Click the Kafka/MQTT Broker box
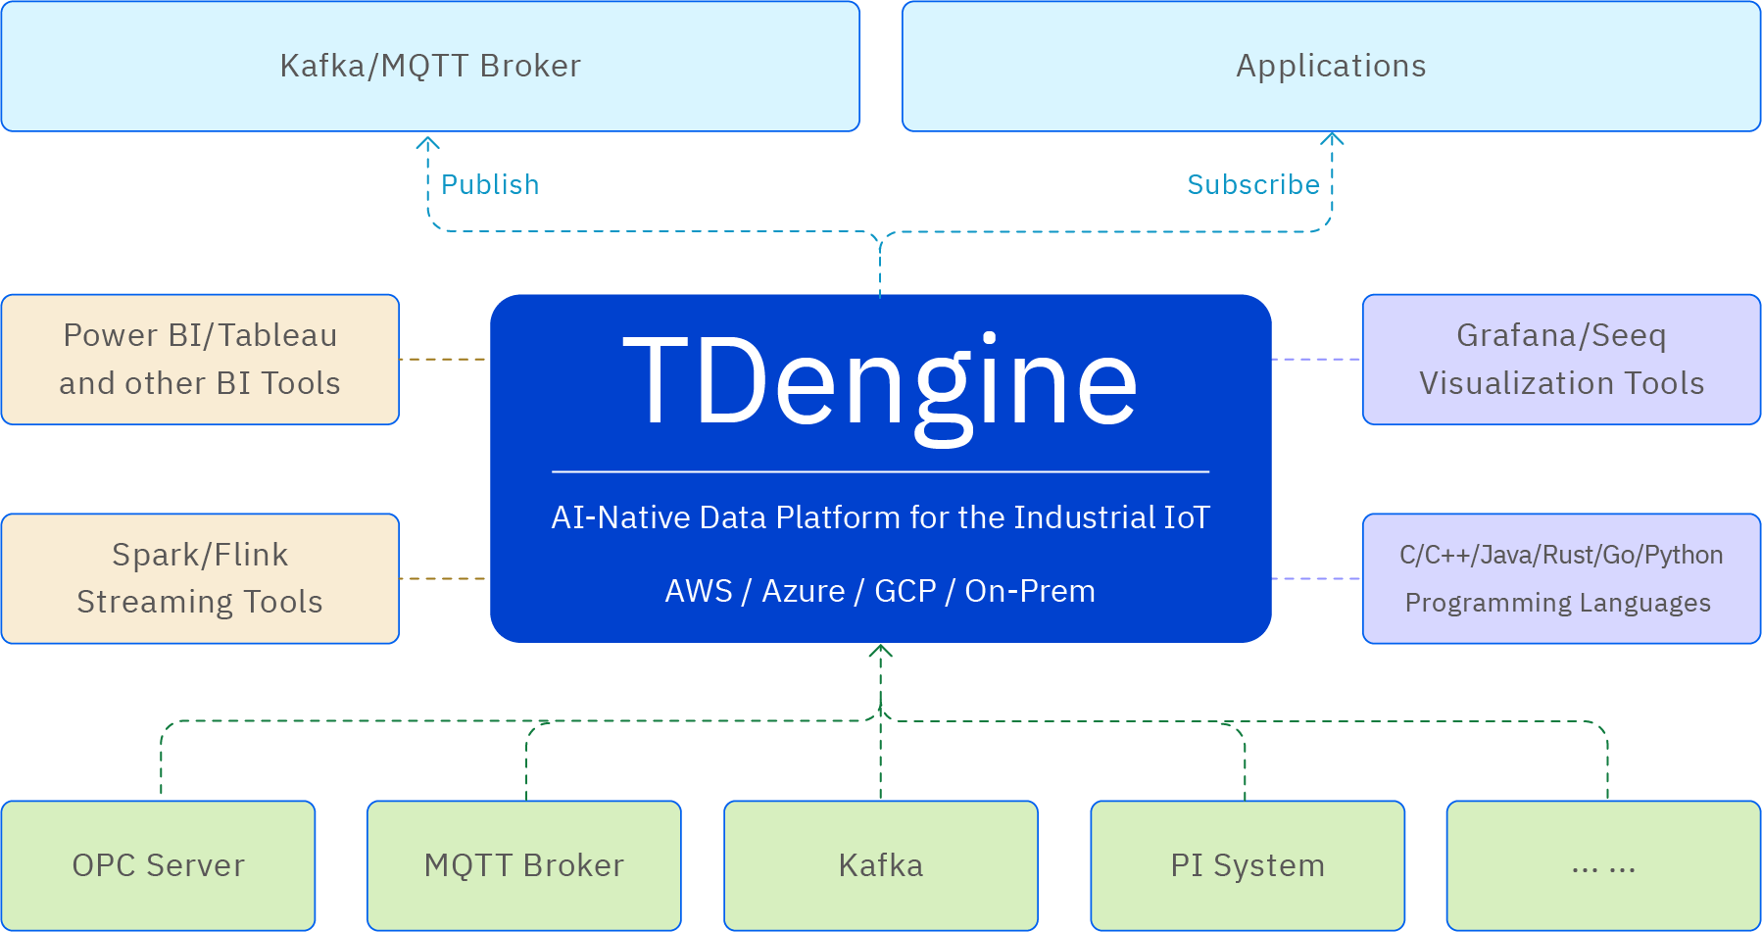click(430, 66)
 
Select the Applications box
click(1331, 66)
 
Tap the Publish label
click(490, 184)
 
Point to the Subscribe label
click(1253, 184)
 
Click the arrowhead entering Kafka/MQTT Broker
click(427, 143)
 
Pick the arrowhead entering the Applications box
click(1332, 139)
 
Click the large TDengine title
click(880, 382)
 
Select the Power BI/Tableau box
click(200, 359)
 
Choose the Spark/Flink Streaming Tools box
click(200, 578)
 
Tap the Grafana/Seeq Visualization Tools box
click(1561, 359)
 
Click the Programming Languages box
click(1561, 578)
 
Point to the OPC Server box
click(159, 865)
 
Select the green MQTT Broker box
click(523, 865)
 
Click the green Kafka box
click(880, 865)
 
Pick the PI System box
click(1248, 865)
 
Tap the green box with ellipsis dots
click(1603, 865)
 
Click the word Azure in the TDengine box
click(804, 591)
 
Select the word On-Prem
click(1030, 591)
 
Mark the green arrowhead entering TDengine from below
click(880, 651)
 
